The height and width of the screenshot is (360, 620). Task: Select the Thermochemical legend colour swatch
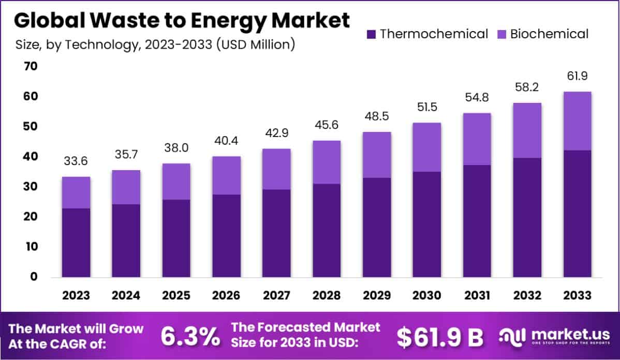pyautogui.click(x=371, y=35)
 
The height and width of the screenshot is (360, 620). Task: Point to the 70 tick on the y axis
pyautogui.click(x=30, y=66)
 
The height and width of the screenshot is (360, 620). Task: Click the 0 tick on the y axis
pyautogui.click(x=34, y=277)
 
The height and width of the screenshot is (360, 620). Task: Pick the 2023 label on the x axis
pyautogui.click(x=76, y=295)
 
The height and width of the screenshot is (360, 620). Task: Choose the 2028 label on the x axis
pyautogui.click(x=327, y=295)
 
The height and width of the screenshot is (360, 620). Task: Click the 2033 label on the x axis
pyautogui.click(x=577, y=295)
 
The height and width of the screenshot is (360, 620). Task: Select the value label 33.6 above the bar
pyautogui.click(x=76, y=161)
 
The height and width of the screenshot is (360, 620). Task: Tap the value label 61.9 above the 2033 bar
pyautogui.click(x=577, y=77)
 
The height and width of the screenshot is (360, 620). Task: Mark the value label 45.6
pyautogui.click(x=327, y=125)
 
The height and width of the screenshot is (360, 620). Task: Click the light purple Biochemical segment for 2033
pyautogui.click(x=577, y=121)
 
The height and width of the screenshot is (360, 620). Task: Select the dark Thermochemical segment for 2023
pyautogui.click(x=76, y=243)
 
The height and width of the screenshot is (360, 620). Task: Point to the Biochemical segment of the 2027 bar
pyautogui.click(x=276, y=169)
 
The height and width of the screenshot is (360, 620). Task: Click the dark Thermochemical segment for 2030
pyautogui.click(x=427, y=224)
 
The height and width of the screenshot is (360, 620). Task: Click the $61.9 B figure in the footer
pyautogui.click(x=440, y=337)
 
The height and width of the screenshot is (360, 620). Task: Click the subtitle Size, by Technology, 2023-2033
pyautogui.click(x=155, y=44)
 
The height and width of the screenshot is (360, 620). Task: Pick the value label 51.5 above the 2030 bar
pyautogui.click(x=427, y=108)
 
